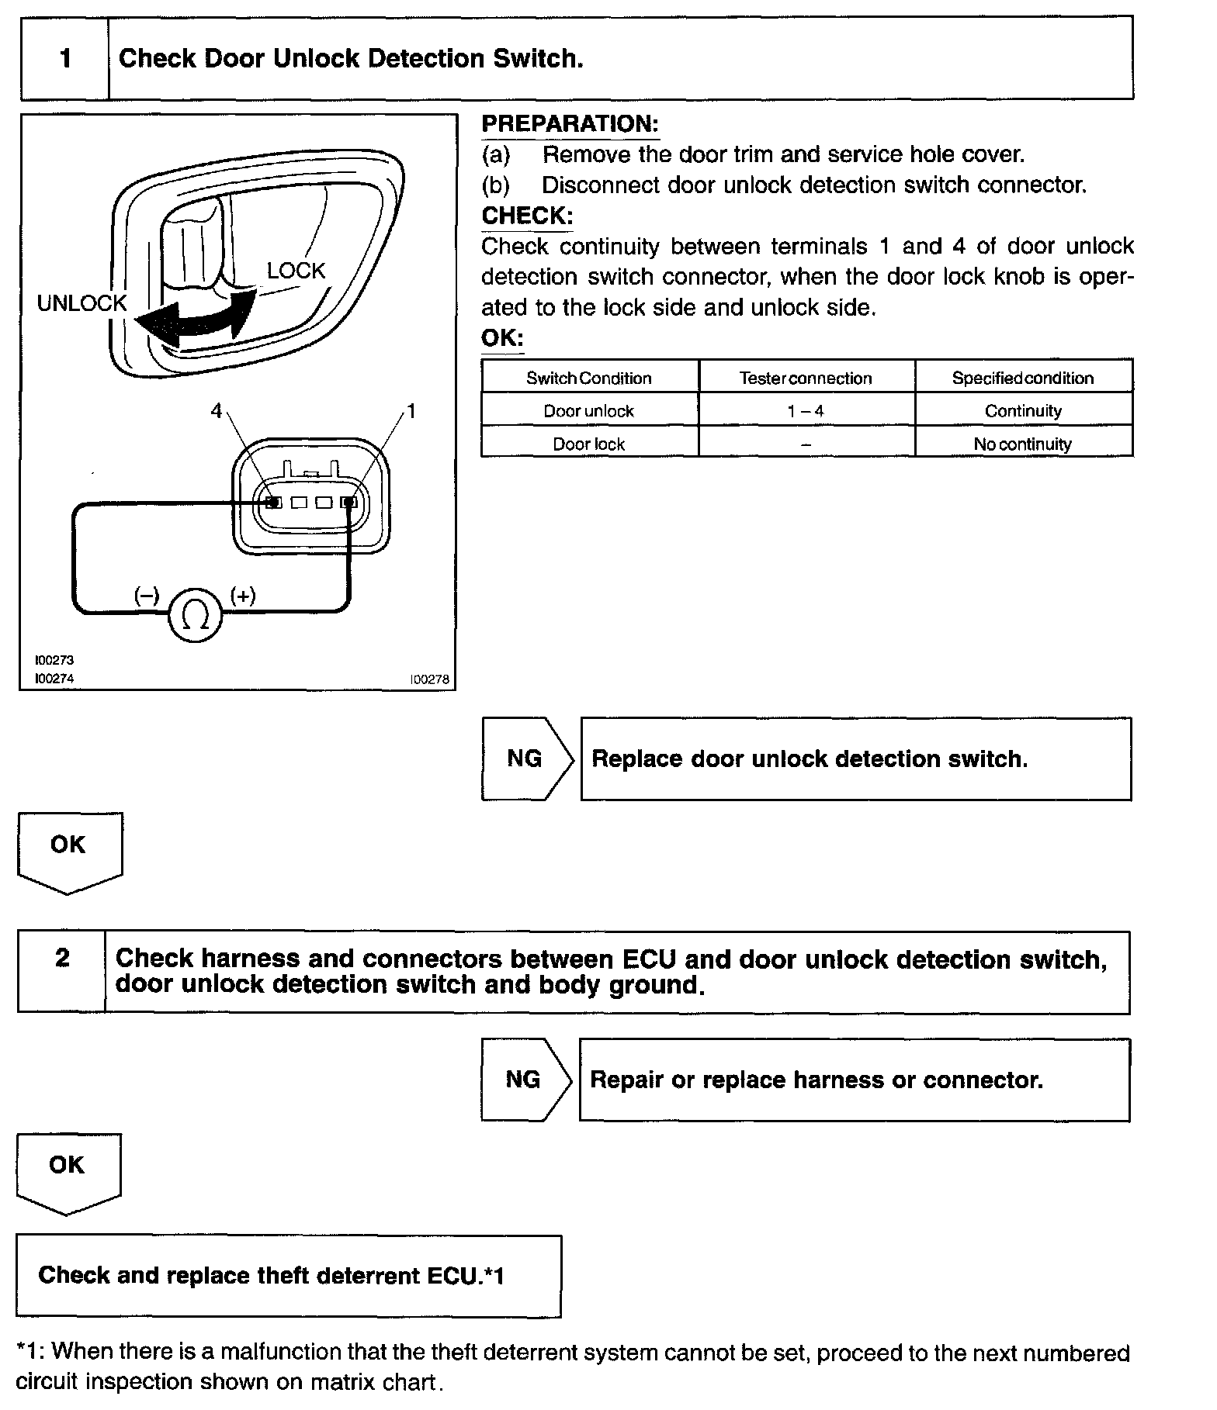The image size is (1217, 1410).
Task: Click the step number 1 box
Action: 65,59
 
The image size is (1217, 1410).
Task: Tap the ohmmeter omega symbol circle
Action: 195,614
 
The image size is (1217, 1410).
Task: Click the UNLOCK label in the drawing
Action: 81,303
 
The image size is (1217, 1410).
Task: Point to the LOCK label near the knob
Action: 296,271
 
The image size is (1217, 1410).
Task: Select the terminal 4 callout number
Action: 217,411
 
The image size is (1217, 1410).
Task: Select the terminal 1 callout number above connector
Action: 411,411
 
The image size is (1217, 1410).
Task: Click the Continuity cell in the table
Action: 1023,411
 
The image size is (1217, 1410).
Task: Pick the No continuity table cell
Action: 1023,444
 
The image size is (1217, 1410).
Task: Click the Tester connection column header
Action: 806,378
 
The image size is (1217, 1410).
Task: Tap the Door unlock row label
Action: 588,411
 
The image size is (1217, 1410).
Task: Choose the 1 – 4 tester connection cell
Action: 806,411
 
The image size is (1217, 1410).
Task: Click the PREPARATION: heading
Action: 570,124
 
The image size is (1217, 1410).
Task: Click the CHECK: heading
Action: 527,216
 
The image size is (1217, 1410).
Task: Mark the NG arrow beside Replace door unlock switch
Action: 525,759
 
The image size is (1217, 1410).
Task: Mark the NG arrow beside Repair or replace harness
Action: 524,1080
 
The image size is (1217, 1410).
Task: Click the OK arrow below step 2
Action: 68,1170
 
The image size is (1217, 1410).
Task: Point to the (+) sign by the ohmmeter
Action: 243,596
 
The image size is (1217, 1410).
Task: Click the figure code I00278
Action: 430,679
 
